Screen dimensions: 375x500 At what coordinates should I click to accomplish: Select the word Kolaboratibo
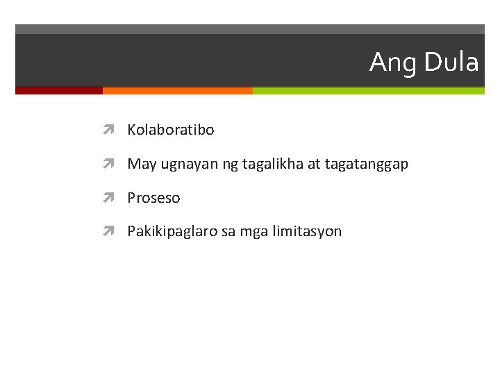[x=171, y=130]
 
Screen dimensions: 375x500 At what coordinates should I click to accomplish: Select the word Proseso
[x=153, y=198]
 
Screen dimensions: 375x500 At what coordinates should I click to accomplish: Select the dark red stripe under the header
[x=59, y=90]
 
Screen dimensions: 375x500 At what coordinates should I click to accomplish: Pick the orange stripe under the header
[x=177, y=90]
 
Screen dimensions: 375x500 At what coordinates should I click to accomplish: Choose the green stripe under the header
[x=368, y=90]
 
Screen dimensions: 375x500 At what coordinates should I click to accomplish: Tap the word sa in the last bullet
[x=228, y=232]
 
